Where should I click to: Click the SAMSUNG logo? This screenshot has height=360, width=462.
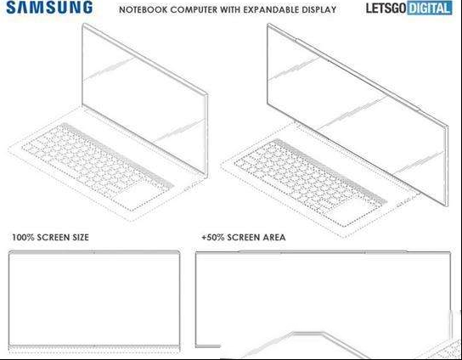pos(49,8)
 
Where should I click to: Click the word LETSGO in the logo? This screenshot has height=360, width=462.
pos(386,8)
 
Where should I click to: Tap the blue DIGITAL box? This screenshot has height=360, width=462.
pos(430,8)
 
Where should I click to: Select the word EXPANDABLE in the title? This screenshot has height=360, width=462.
pos(273,9)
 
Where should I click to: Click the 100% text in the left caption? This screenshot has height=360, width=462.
pos(23,238)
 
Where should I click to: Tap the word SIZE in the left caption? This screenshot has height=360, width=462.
pos(80,238)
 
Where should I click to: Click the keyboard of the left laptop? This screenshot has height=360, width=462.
pos(97,166)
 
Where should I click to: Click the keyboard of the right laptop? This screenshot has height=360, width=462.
pos(310,183)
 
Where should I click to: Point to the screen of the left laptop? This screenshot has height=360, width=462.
pos(144,100)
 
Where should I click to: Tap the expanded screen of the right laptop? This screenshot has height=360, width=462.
pos(358,115)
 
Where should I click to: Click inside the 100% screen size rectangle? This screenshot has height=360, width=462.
pos(94,297)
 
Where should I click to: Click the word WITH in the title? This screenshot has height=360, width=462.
pos(230,9)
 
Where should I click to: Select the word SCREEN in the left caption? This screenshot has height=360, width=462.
pos(53,238)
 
